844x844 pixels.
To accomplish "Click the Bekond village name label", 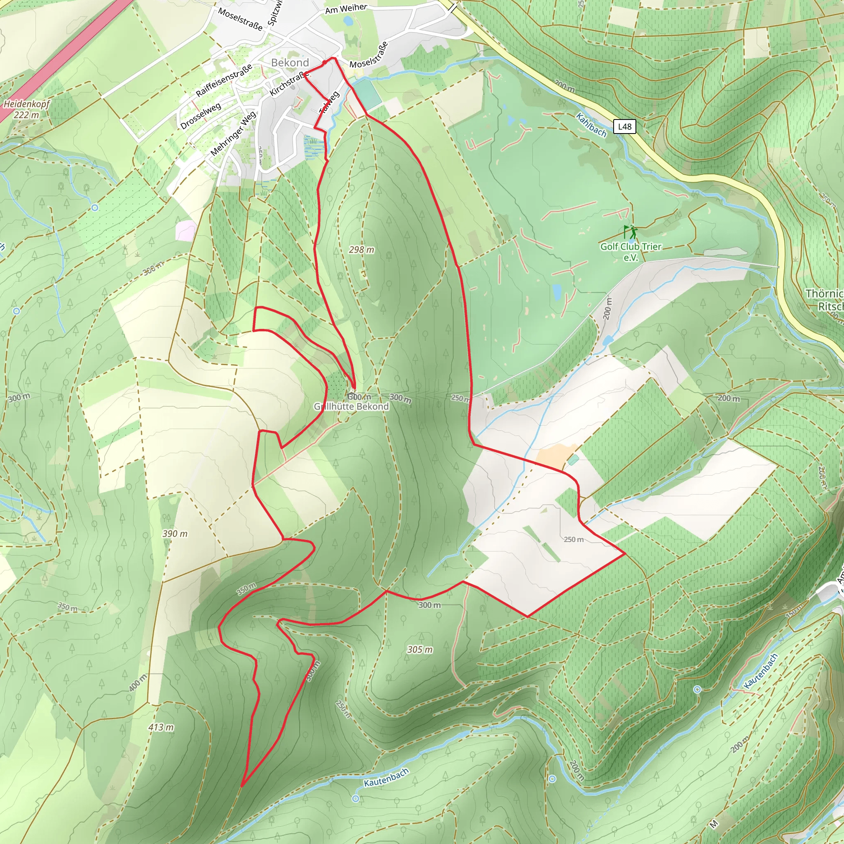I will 290,63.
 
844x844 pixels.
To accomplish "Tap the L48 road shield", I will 624,126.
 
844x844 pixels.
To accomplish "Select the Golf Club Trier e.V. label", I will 631,252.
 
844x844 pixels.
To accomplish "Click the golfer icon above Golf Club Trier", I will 630,231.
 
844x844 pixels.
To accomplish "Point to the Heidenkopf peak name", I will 27,104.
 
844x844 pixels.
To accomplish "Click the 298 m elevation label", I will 361,249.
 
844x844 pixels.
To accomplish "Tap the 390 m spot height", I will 175,533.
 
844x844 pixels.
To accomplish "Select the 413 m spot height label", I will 161,727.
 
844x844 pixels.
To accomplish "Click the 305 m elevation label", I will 420,649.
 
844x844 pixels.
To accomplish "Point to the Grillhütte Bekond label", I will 351,406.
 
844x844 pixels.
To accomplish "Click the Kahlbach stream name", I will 591,124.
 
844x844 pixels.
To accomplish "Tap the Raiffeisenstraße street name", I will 224,80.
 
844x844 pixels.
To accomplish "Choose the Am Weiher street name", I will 346,8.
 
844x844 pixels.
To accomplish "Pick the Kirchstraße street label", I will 288,83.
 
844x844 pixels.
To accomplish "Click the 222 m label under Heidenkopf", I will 26,115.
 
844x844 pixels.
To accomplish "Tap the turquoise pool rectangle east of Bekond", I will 367,94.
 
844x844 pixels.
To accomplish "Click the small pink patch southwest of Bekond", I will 187,230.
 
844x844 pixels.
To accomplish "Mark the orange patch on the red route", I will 551,456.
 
